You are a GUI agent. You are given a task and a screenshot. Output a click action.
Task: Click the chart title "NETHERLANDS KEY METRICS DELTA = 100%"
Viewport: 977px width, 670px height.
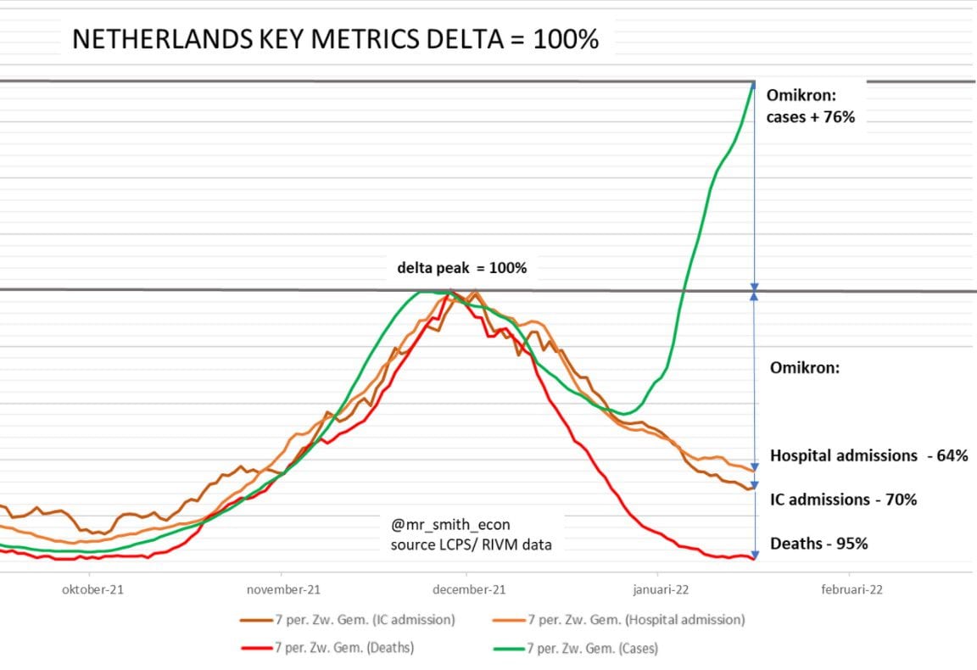335,39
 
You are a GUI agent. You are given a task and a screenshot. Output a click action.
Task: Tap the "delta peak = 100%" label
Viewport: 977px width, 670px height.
461,268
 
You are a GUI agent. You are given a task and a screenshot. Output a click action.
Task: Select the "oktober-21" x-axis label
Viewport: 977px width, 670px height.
92,589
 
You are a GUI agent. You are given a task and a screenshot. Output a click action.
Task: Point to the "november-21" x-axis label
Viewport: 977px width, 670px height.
283,589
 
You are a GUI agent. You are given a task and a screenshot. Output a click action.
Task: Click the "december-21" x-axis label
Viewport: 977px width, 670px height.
469,589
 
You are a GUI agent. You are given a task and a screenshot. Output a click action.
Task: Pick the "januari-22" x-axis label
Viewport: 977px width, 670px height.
662,589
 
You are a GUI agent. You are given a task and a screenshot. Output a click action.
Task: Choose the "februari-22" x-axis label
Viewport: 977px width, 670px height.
851,589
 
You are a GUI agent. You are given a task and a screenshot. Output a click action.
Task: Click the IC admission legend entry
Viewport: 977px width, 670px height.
348,620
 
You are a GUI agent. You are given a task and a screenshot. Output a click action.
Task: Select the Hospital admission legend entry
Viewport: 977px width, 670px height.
619,620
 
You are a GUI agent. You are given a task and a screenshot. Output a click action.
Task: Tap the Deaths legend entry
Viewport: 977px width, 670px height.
327,648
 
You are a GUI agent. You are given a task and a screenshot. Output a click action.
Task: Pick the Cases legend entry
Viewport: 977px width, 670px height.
576,649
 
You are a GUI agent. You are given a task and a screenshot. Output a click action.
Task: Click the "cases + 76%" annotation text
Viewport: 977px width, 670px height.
811,117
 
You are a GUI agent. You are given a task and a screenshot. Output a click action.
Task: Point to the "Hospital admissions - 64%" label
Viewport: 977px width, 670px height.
869,455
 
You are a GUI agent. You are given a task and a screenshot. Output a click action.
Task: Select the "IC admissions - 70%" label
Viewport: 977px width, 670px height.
844,500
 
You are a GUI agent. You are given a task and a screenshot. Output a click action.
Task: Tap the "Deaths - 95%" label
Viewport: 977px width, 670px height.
819,544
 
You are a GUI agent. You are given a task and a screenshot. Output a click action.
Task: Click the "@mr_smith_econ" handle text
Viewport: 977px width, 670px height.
450,525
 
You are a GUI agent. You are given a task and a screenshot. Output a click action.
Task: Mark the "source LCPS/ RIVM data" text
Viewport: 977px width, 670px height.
471,544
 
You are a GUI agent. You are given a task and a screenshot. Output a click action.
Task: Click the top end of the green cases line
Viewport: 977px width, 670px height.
754,82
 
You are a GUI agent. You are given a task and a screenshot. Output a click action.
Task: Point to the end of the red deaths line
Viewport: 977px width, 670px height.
754,558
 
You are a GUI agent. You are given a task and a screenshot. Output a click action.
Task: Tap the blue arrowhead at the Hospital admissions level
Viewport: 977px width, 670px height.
755,466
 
